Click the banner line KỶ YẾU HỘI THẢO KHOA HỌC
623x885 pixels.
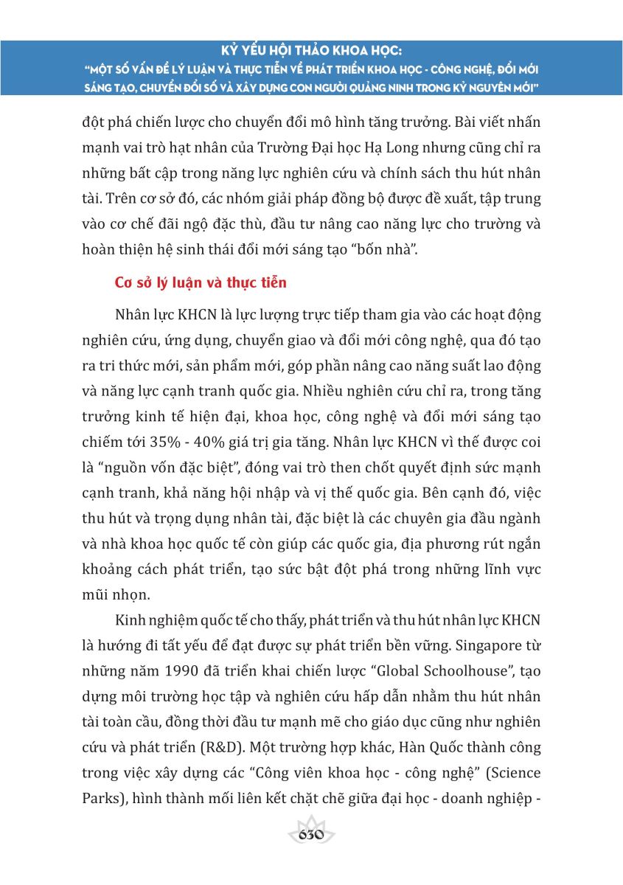tap(311, 52)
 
